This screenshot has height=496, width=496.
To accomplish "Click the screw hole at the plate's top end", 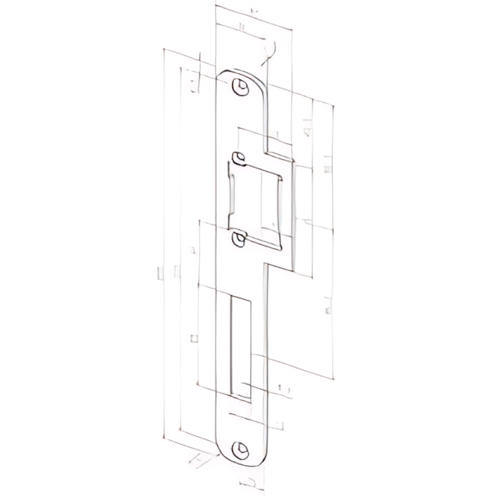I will click(239, 85).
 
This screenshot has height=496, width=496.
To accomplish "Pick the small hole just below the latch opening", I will click(238, 238).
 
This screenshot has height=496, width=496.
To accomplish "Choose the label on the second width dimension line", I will click(240, 29).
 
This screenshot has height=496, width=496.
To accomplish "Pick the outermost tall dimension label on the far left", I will click(160, 272).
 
